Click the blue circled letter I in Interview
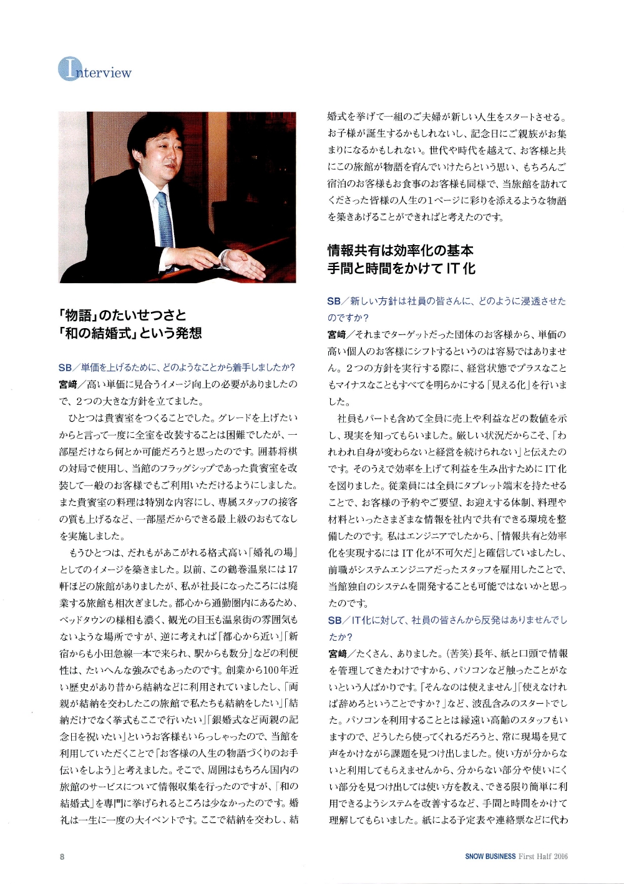(x=69, y=69)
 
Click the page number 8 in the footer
(x=62, y=857)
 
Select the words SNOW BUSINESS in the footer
(x=490, y=857)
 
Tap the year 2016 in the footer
(x=559, y=857)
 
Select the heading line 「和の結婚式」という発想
(x=130, y=333)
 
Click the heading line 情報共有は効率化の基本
(x=401, y=251)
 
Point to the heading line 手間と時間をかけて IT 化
(x=401, y=269)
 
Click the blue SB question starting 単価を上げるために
(x=177, y=367)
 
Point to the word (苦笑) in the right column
(x=459, y=654)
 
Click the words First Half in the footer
(x=534, y=857)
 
